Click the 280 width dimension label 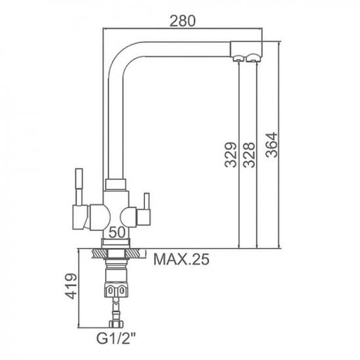183,21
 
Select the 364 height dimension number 272,145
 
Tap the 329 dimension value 230,154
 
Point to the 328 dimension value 249,154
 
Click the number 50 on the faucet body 117,232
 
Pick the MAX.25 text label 181,259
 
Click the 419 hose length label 70,286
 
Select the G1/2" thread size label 116,338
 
